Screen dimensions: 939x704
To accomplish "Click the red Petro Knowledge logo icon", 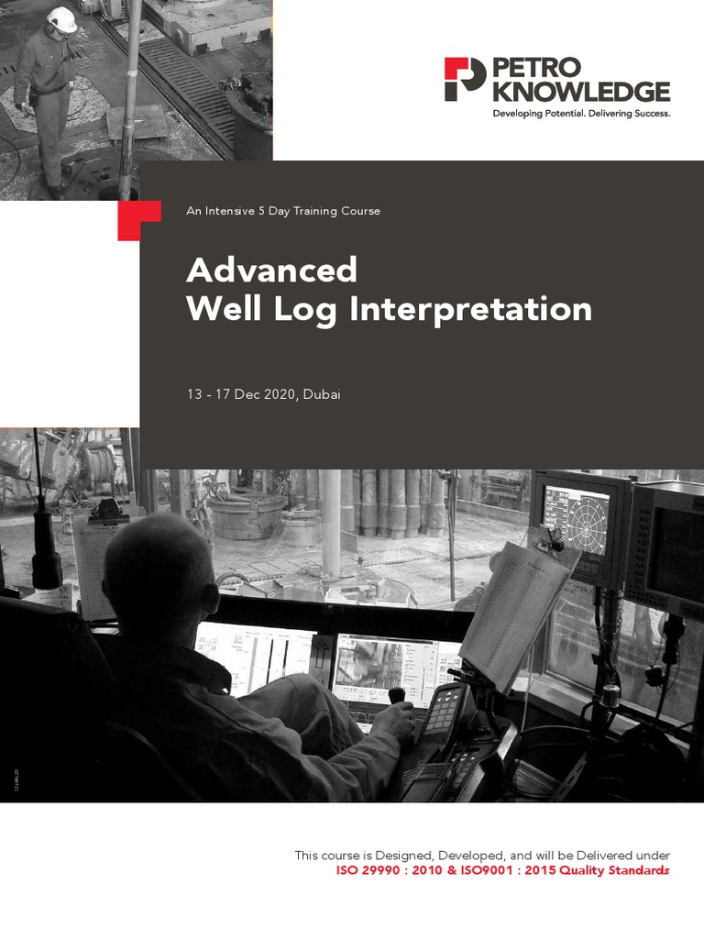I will coord(465,79).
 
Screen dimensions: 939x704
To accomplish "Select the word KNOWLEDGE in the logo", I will coord(581,92).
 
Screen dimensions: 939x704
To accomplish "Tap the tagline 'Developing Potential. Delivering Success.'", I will coord(581,114).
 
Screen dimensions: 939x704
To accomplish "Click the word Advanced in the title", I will coord(271,271).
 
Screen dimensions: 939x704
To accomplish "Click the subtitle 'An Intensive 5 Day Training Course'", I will coord(282,211).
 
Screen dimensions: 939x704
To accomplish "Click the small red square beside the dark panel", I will coord(127,221).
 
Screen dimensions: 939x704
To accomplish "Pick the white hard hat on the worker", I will coord(62,19).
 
